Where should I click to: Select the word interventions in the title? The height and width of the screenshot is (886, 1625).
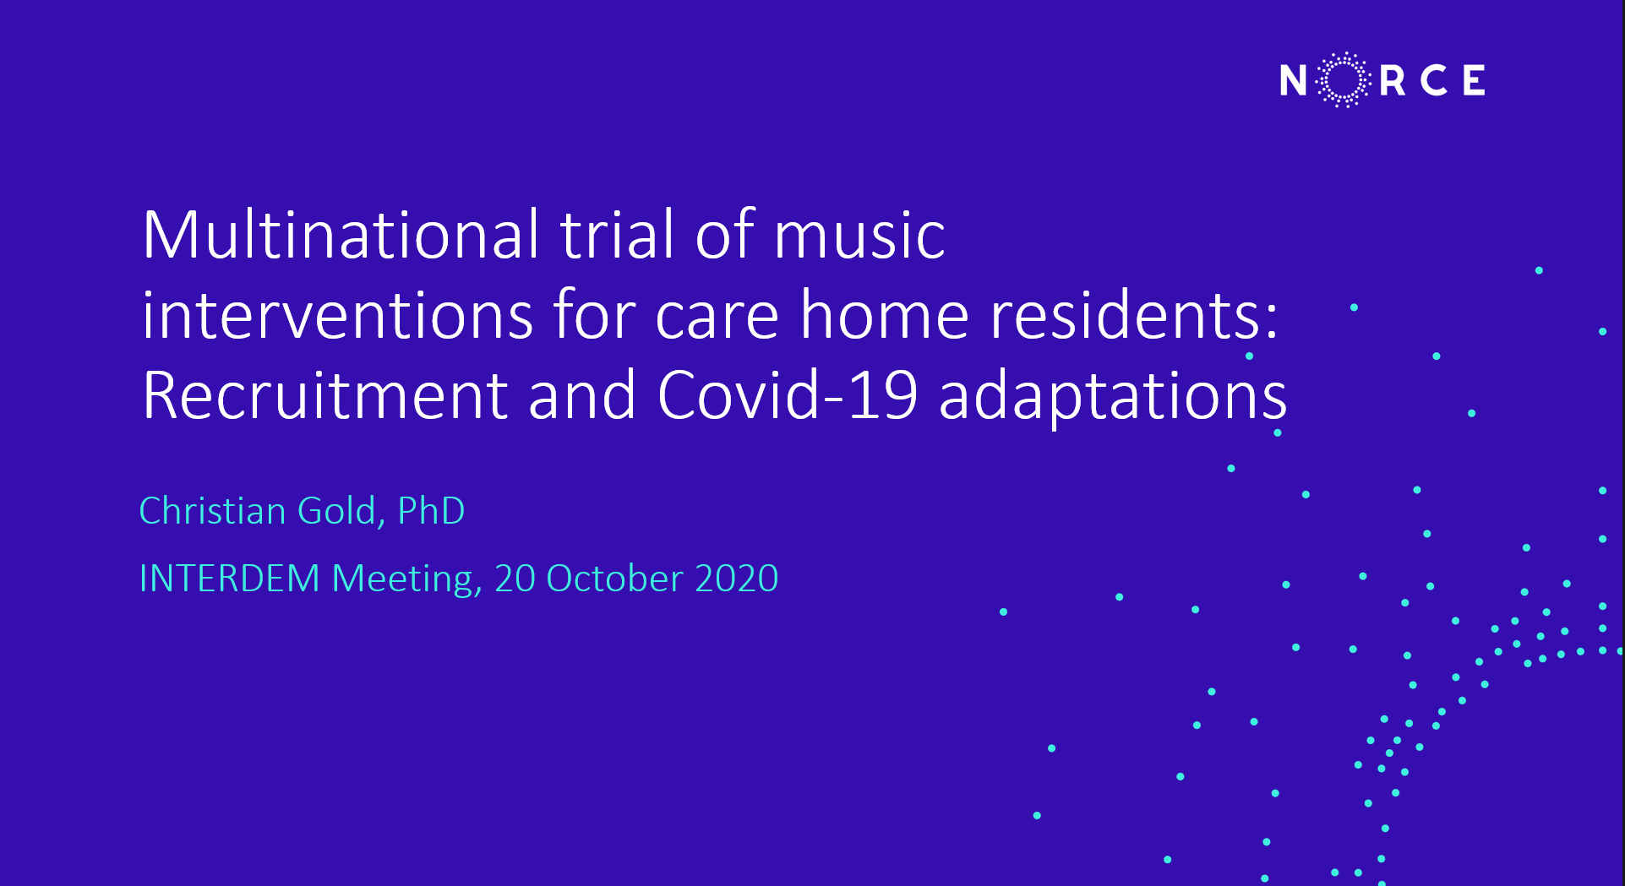337,315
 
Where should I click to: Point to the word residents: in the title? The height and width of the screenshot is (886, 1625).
1134,315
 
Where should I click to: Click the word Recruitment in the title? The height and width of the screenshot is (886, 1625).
325,394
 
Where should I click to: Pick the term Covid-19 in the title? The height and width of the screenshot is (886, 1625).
787,394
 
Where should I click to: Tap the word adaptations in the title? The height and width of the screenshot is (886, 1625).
1113,397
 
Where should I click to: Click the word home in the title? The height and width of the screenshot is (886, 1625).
884,315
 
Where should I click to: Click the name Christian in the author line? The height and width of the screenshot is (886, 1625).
212,511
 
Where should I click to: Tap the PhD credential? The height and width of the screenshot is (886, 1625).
431,511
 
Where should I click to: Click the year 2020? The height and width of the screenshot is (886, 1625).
736,579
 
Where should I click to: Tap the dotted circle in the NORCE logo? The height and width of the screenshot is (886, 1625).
1344,54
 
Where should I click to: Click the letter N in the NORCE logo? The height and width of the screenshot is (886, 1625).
1293,80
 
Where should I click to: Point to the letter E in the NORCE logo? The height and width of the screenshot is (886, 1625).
1475,80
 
